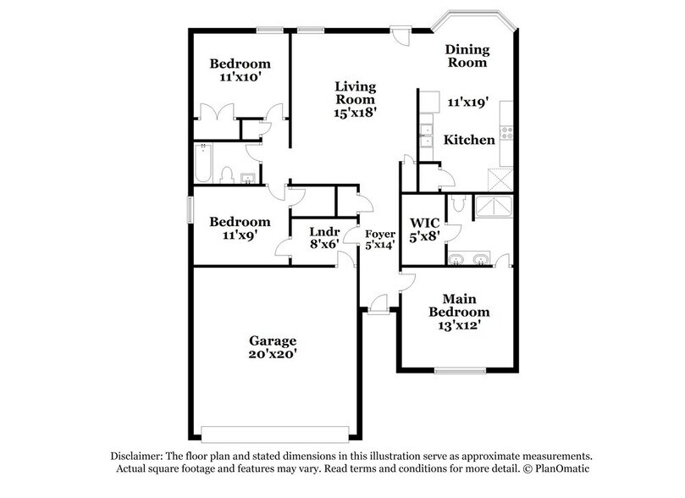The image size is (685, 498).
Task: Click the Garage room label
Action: coord(273,340)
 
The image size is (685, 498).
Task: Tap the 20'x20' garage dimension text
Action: coord(273,357)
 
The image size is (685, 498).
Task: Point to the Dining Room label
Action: coord(467,55)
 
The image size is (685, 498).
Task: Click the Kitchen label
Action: coord(469,140)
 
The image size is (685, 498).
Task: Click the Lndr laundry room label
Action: coord(323,231)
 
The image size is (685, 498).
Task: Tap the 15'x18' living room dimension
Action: coord(355,109)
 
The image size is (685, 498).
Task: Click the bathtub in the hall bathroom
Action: coord(203,164)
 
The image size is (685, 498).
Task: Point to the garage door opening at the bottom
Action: coord(273,427)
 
